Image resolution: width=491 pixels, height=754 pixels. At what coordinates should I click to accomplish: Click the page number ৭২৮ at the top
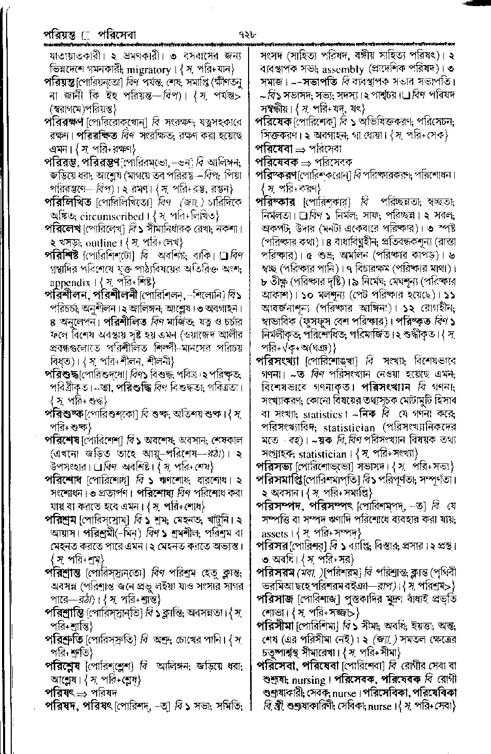click(x=246, y=36)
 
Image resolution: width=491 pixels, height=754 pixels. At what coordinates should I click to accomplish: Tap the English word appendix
click(x=70, y=282)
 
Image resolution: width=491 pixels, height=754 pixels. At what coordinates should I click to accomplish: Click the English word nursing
click(x=308, y=680)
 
